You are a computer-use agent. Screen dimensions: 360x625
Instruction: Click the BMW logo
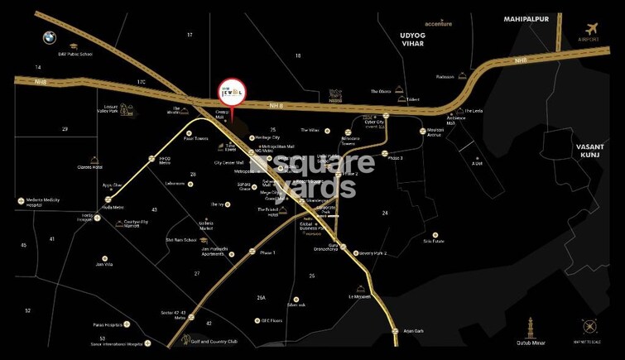pyautogui.click(x=50, y=37)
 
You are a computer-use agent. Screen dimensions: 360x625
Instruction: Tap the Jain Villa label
pyautogui.click(x=103, y=264)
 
